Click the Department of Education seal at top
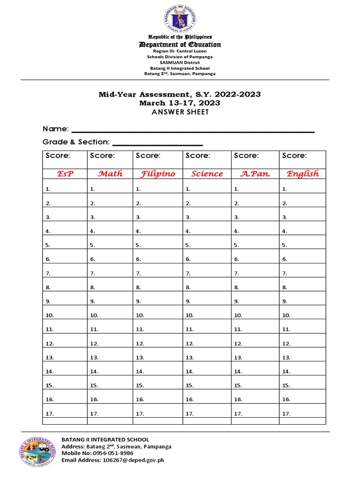pos(180,17)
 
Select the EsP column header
pos(65,174)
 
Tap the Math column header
pos(110,174)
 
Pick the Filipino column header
pos(157,174)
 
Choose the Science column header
pos(207,174)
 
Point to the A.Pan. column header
pos(255,174)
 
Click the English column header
pos(302,174)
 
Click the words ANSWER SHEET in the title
pos(180,112)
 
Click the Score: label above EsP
pos(58,156)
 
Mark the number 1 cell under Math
pos(110,189)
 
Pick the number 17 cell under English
pos(302,413)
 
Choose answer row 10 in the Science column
pos(207,315)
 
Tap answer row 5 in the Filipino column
pos(157,245)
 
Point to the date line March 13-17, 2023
pos(180,103)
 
